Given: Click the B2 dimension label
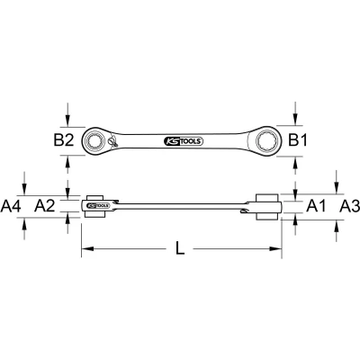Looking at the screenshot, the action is [x=64, y=140].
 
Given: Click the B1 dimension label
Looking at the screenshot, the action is [x=298, y=140].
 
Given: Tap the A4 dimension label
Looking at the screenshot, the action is [x=11, y=206].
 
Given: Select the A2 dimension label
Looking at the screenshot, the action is [x=45, y=206].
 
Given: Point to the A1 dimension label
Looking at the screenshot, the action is [x=316, y=206].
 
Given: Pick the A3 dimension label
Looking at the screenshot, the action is [x=349, y=206].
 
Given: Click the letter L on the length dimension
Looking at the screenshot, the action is [x=180, y=248].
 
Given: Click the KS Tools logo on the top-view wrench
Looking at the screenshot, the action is [x=184, y=141].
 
